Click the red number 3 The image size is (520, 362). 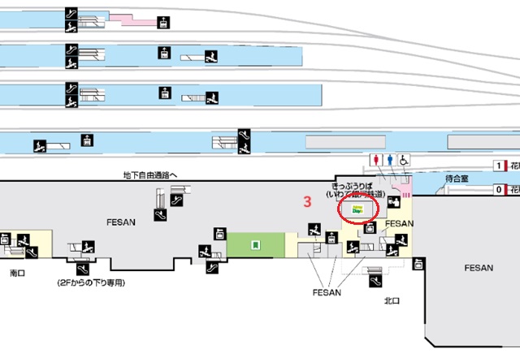click(307, 200)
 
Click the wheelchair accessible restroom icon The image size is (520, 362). click(402, 160)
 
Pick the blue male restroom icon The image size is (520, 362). click(389, 160)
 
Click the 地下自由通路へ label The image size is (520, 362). click(150, 175)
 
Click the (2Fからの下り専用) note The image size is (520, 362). click(92, 283)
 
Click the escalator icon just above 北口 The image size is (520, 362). click(375, 281)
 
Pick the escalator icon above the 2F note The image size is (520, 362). click(82, 268)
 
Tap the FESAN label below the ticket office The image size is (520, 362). click(400, 222)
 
